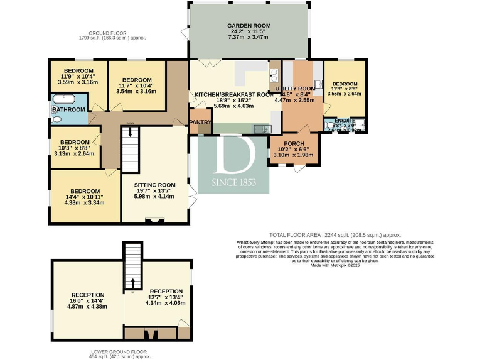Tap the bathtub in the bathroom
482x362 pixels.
coord(62,99)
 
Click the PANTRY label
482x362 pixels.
coord(200,121)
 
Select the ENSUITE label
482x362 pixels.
coord(345,120)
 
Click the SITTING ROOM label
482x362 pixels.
coord(154,185)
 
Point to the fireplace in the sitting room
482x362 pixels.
coord(154,219)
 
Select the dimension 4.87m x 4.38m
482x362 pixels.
coord(87,307)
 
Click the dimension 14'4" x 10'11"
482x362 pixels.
coord(85,197)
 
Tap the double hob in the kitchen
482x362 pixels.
coord(274,76)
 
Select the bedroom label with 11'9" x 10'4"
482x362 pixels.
coord(78,70)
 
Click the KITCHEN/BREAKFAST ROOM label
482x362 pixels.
coord(234,94)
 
